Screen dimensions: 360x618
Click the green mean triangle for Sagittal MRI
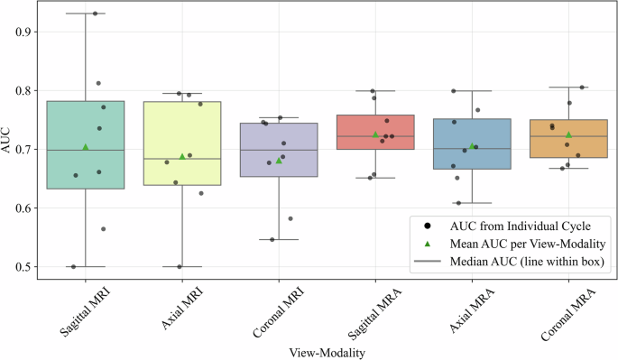coord(86,146)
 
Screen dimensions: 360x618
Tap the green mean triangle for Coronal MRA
coord(568,134)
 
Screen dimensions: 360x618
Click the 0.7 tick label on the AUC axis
coord(24,150)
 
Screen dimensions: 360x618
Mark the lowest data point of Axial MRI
coord(180,266)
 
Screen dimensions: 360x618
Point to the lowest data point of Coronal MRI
coord(272,239)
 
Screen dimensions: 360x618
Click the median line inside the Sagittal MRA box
coord(375,136)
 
